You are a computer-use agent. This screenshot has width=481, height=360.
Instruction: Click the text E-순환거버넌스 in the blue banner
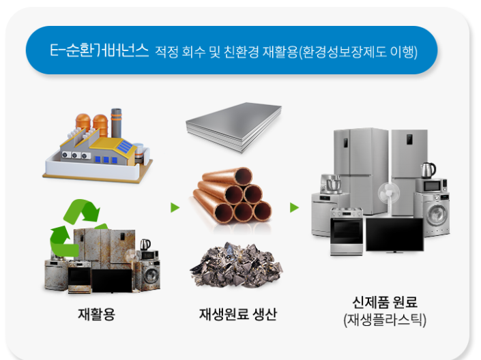pos(99,51)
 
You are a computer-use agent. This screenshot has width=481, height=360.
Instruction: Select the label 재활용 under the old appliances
pos(96,315)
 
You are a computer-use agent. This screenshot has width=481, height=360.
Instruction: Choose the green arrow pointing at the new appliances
pos(294,207)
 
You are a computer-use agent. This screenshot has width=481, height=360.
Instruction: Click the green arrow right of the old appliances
pos(175,207)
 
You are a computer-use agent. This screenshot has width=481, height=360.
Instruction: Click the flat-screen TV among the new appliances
pos(394,235)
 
